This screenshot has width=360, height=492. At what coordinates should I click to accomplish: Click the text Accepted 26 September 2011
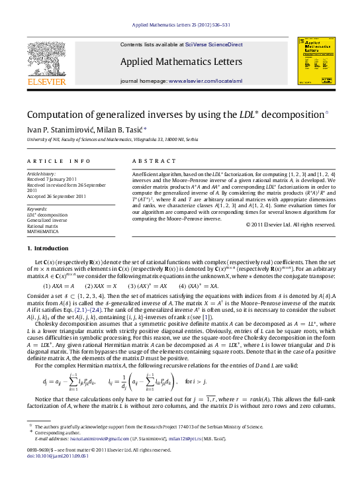(56, 196)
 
